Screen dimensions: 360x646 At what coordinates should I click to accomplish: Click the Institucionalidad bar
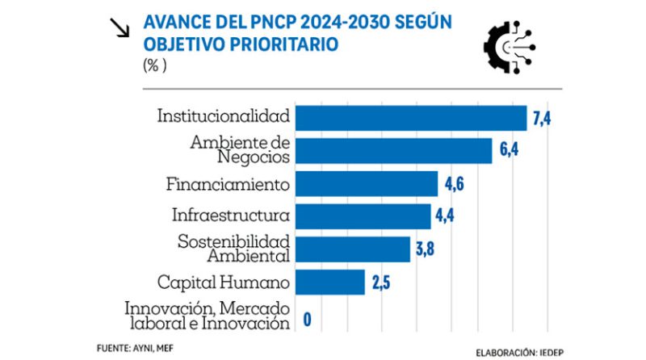tap(411, 118)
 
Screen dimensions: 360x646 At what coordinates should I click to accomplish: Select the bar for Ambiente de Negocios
tap(394, 151)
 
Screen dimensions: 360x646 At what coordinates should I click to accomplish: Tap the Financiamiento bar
tap(367, 184)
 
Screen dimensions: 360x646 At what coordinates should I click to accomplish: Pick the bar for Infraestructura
tap(363, 216)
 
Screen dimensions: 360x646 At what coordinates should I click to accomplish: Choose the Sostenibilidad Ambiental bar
tap(354, 249)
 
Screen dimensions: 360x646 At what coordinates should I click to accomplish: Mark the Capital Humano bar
tap(330, 282)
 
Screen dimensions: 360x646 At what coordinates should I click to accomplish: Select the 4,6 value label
tap(454, 185)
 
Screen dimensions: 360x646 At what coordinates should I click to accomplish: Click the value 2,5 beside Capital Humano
tap(381, 283)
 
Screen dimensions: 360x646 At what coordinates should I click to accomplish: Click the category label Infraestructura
tap(231, 216)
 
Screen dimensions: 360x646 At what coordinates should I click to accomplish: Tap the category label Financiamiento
tap(228, 184)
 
